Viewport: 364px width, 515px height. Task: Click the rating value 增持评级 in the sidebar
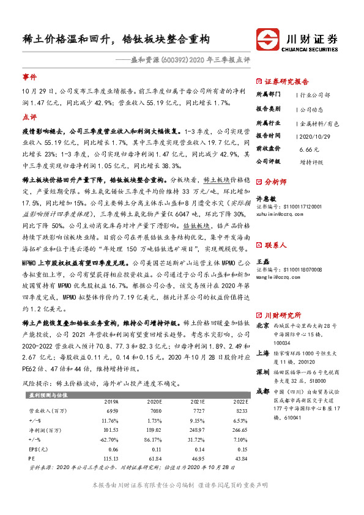point(312,161)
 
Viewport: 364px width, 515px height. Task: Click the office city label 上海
point(262,352)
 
